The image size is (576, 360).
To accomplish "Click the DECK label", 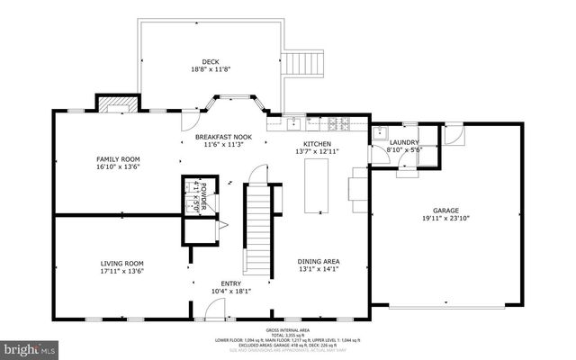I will (x=210, y=61).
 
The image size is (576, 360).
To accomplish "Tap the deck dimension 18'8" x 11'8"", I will (x=210, y=69).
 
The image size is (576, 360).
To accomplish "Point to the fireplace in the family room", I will (x=117, y=103).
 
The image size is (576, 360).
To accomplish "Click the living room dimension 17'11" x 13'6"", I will (x=122, y=271).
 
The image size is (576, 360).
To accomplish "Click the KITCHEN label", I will (x=317, y=144).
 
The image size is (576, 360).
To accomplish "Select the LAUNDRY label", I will (x=404, y=142).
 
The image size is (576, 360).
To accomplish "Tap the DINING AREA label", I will (x=319, y=262).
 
